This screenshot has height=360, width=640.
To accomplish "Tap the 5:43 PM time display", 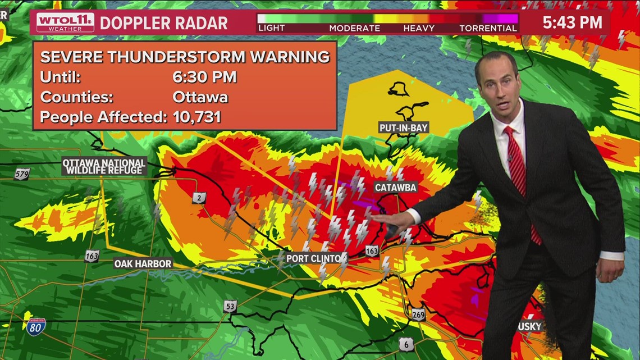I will click(x=572, y=22).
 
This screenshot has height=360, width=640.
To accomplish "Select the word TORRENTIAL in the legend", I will click(x=487, y=28).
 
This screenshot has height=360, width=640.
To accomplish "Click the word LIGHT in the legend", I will click(x=271, y=28).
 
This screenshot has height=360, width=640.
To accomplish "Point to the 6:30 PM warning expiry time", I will click(x=204, y=77).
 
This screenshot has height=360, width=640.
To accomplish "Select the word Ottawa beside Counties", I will click(x=200, y=97).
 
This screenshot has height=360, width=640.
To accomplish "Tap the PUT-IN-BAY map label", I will click(x=404, y=127).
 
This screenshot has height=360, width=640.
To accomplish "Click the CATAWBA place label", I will click(x=395, y=187).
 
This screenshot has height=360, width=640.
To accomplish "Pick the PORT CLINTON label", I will click(x=314, y=258).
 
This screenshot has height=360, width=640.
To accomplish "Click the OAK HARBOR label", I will click(x=143, y=263).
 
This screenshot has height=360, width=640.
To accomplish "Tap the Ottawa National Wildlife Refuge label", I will click(x=104, y=166).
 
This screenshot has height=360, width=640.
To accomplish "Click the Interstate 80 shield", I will click(x=35, y=326).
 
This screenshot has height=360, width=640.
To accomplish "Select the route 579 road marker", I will click(x=22, y=174).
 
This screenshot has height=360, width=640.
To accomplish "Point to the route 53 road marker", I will click(x=230, y=306).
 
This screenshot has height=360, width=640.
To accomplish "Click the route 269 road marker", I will click(x=417, y=314).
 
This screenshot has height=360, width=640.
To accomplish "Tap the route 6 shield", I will click(x=406, y=343).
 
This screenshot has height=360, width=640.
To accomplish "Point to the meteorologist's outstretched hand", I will click(x=387, y=221).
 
